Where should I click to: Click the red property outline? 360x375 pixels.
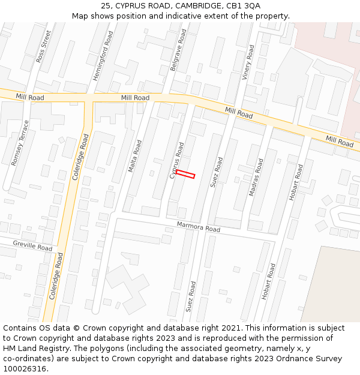pos(185,174)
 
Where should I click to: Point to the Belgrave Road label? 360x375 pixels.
pos(178,52)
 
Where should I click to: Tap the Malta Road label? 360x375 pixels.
pos(135,156)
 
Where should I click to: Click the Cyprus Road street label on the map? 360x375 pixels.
pos(176,160)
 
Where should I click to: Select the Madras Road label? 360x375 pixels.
pos(256,177)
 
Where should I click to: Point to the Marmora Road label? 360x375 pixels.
pos(199,227)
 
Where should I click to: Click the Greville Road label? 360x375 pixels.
pos(32,246)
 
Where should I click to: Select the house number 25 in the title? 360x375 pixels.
pos(106,5)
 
